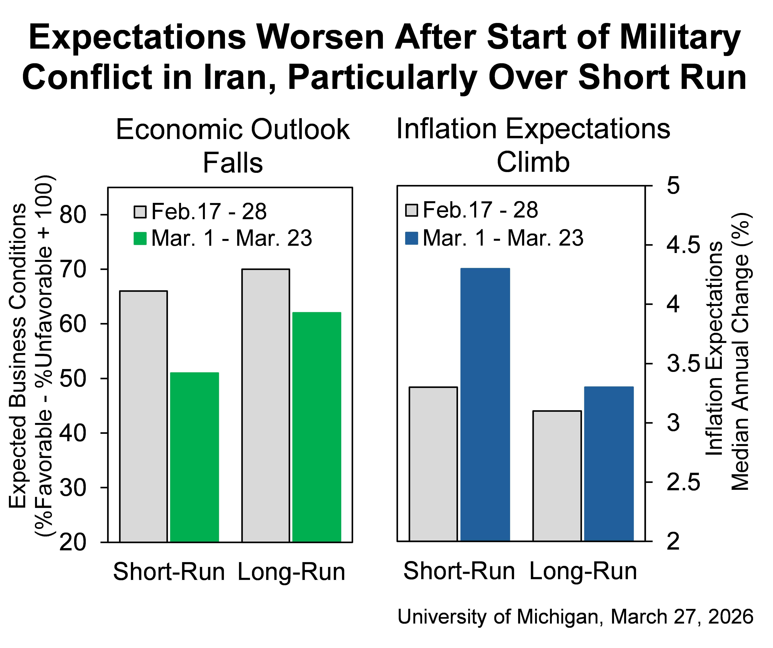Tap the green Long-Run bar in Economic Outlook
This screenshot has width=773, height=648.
(317, 427)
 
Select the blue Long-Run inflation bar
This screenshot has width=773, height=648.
(609, 464)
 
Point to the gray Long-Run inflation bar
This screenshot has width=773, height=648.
(557, 476)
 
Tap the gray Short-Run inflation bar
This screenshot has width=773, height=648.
(433, 464)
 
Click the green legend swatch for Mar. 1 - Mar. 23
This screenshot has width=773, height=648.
(140, 238)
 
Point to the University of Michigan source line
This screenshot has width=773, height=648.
(575, 617)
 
